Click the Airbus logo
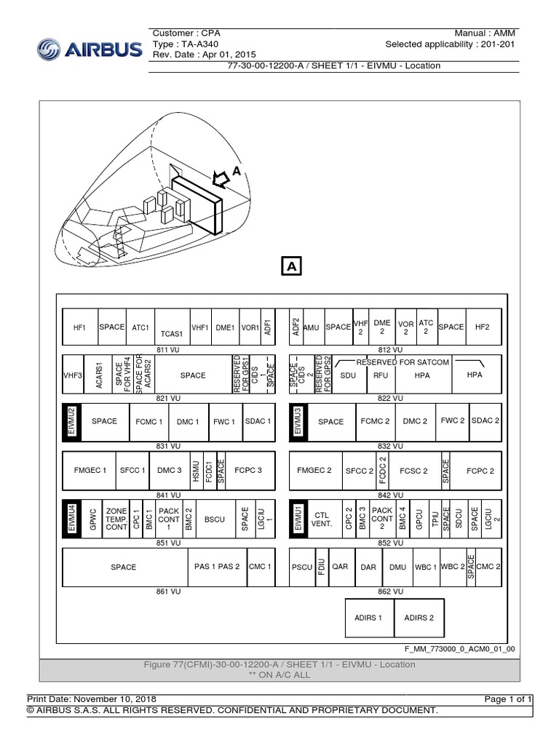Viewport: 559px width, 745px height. click(x=88, y=49)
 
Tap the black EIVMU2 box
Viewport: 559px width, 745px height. click(x=71, y=421)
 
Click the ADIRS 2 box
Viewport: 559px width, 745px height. click(x=419, y=618)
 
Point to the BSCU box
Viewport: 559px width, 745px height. click(x=215, y=518)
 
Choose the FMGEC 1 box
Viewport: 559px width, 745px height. click(x=90, y=470)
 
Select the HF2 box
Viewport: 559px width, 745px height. click(x=482, y=327)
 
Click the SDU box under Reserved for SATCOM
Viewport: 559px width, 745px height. click(x=349, y=376)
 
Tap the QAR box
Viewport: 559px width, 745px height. click(x=340, y=566)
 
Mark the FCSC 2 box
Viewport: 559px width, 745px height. click(x=414, y=470)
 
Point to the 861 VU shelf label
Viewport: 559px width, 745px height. click(x=168, y=591)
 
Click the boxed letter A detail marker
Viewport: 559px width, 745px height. click(x=292, y=267)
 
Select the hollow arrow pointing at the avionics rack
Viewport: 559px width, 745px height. click(x=219, y=177)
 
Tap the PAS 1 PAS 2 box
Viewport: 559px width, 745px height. click(x=217, y=566)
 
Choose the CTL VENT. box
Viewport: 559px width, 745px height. click(x=322, y=518)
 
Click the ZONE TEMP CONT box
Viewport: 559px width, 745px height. click(x=116, y=518)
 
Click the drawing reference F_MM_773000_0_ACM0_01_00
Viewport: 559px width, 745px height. click(x=459, y=647)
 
